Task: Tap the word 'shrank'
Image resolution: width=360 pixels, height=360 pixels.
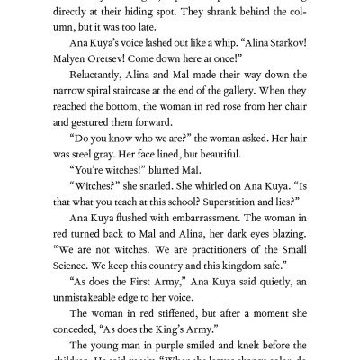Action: point(216,10)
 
